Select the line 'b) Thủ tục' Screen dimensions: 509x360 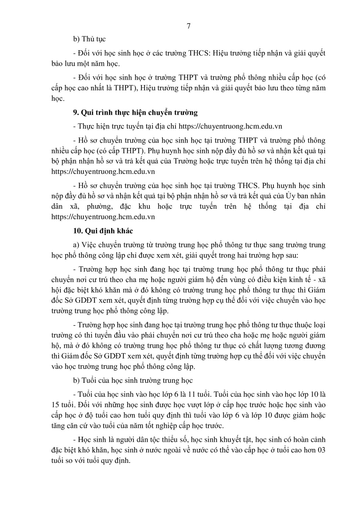point(90,39)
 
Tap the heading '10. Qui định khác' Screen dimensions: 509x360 point(103,231)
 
